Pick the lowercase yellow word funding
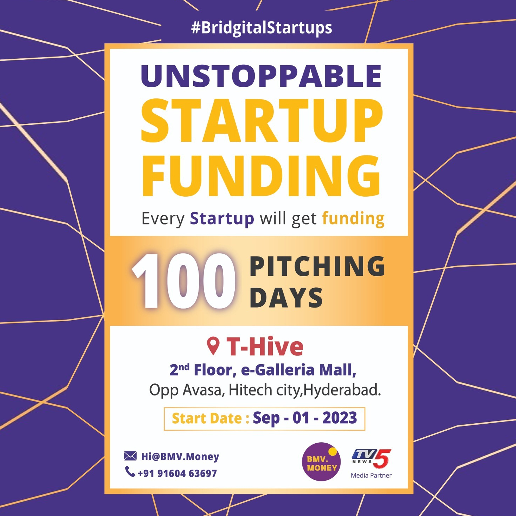point(353,219)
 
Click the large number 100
point(184,281)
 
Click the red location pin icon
point(213,346)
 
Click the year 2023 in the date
point(340,418)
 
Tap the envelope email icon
point(130,456)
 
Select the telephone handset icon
point(130,471)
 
